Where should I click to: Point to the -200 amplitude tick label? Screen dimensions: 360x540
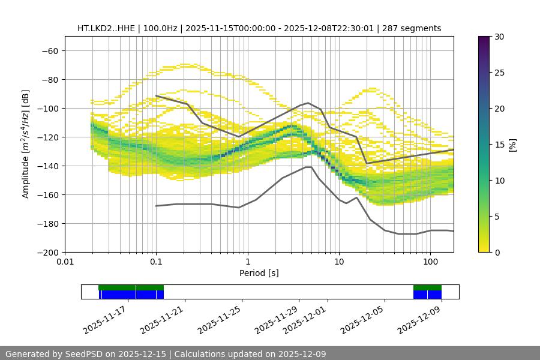point(48,252)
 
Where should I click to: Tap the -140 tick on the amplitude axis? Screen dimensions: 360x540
point(48,166)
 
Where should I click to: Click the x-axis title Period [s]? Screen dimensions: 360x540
point(259,273)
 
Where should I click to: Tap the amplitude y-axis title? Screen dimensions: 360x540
point(26,144)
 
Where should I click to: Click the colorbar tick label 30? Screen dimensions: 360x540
point(499,37)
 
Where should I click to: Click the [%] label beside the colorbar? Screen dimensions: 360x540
point(512,145)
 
